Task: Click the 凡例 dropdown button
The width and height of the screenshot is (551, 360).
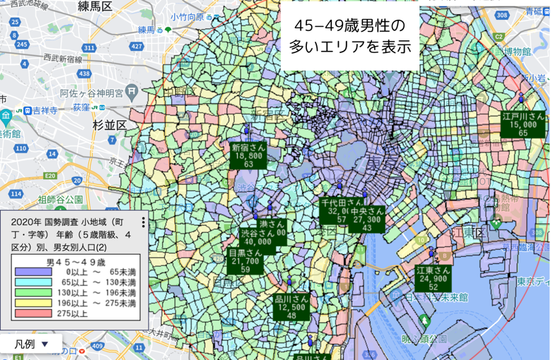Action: coord(31,344)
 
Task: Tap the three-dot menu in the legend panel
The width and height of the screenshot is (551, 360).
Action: coord(144,223)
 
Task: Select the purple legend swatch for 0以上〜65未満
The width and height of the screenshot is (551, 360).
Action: coord(29,272)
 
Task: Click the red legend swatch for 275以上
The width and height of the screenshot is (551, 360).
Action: coord(29,314)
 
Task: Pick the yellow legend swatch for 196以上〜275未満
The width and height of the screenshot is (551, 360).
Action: coord(29,303)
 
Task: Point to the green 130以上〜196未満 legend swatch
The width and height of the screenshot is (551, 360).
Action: coord(29,293)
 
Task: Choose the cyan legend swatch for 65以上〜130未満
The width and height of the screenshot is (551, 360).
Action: coord(29,282)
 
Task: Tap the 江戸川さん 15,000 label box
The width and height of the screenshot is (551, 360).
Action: coord(523,124)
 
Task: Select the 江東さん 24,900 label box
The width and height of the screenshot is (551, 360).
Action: coord(433,278)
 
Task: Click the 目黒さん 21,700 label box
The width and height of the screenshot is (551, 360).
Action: coord(245,260)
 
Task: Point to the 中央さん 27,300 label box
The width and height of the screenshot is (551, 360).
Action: coord(367,219)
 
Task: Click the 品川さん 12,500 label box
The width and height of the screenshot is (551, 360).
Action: coord(291,307)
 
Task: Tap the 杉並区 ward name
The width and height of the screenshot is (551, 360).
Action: coord(110,124)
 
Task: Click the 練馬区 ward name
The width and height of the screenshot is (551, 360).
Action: coord(95,7)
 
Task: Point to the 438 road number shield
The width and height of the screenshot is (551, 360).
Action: coord(85,73)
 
